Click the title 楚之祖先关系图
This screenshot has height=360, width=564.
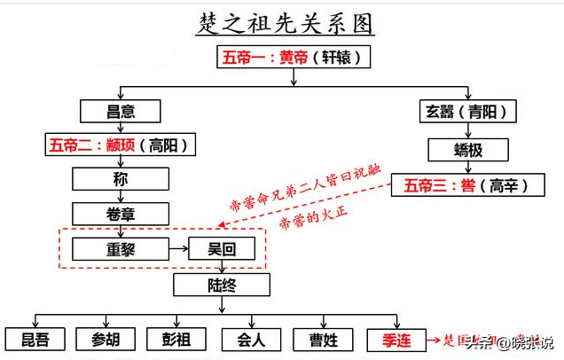point(283,22)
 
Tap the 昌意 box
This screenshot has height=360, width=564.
point(121,111)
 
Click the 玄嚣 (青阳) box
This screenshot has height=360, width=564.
point(469,111)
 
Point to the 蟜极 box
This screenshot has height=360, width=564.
point(469,150)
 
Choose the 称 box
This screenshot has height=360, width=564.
point(121,179)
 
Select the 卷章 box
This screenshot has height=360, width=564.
point(121,214)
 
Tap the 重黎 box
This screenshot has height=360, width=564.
point(121,248)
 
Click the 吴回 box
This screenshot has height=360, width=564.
point(223,248)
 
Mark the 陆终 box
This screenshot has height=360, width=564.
point(222,285)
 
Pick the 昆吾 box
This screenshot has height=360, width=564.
point(35,340)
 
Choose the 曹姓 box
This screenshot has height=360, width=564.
point(324,340)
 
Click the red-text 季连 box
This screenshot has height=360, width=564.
point(395,340)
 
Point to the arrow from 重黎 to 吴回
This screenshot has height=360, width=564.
point(178,248)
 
